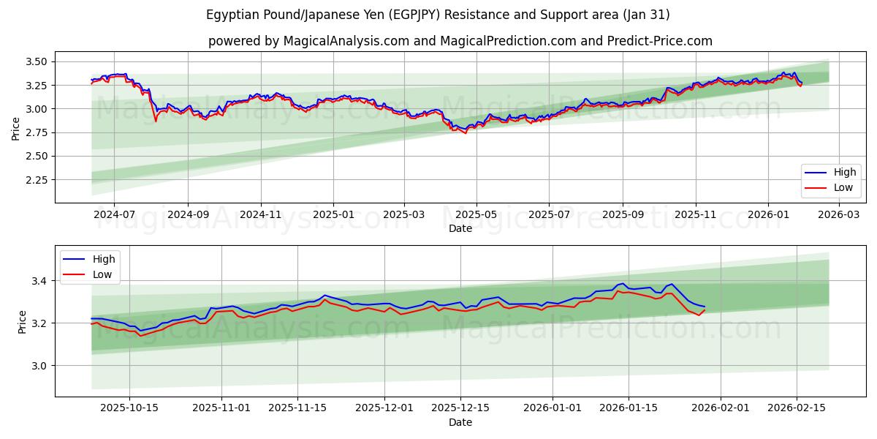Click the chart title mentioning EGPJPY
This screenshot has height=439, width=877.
(x=438, y=15)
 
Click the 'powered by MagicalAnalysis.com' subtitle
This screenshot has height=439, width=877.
(x=460, y=41)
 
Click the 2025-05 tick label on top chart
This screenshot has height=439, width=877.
(x=477, y=215)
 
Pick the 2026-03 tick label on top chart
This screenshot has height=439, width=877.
(x=838, y=215)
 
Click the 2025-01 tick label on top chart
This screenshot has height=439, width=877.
(x=333, y=215)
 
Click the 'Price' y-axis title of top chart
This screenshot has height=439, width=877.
(x=16, y=128)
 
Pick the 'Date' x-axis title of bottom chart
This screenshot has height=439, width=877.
(x=460, y=422)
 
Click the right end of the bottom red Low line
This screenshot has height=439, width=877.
(x=705, y=310)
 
